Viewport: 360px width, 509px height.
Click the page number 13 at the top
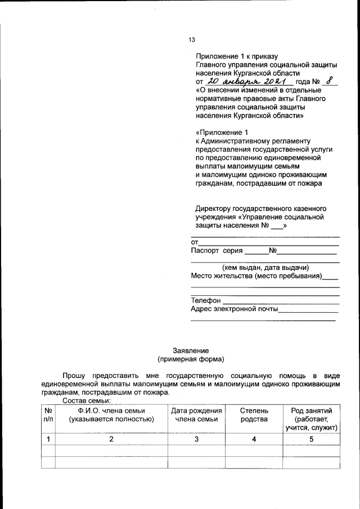(191, 40)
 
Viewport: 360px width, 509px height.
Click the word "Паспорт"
(205, 251)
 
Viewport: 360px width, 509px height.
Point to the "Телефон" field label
(206, 300)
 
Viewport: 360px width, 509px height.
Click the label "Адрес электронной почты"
(235, 309)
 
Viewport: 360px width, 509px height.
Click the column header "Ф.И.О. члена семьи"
(111, 415)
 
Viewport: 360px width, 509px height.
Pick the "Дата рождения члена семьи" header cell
(196, 415)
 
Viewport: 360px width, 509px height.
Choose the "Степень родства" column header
(254, 415)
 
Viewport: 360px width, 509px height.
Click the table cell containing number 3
(196, 439)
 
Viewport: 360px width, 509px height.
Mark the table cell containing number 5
(312, 439)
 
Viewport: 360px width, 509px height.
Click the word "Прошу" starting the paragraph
(74, 375)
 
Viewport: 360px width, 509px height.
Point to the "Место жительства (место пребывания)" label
(256, 276)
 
